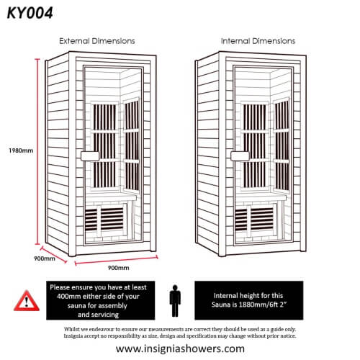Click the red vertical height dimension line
(x=37, y=150)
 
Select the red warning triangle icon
(x=27, y=300)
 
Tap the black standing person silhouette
(x=174, y=300)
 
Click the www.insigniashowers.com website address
(x=180, y=348)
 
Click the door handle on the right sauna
(x=238, y=155)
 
